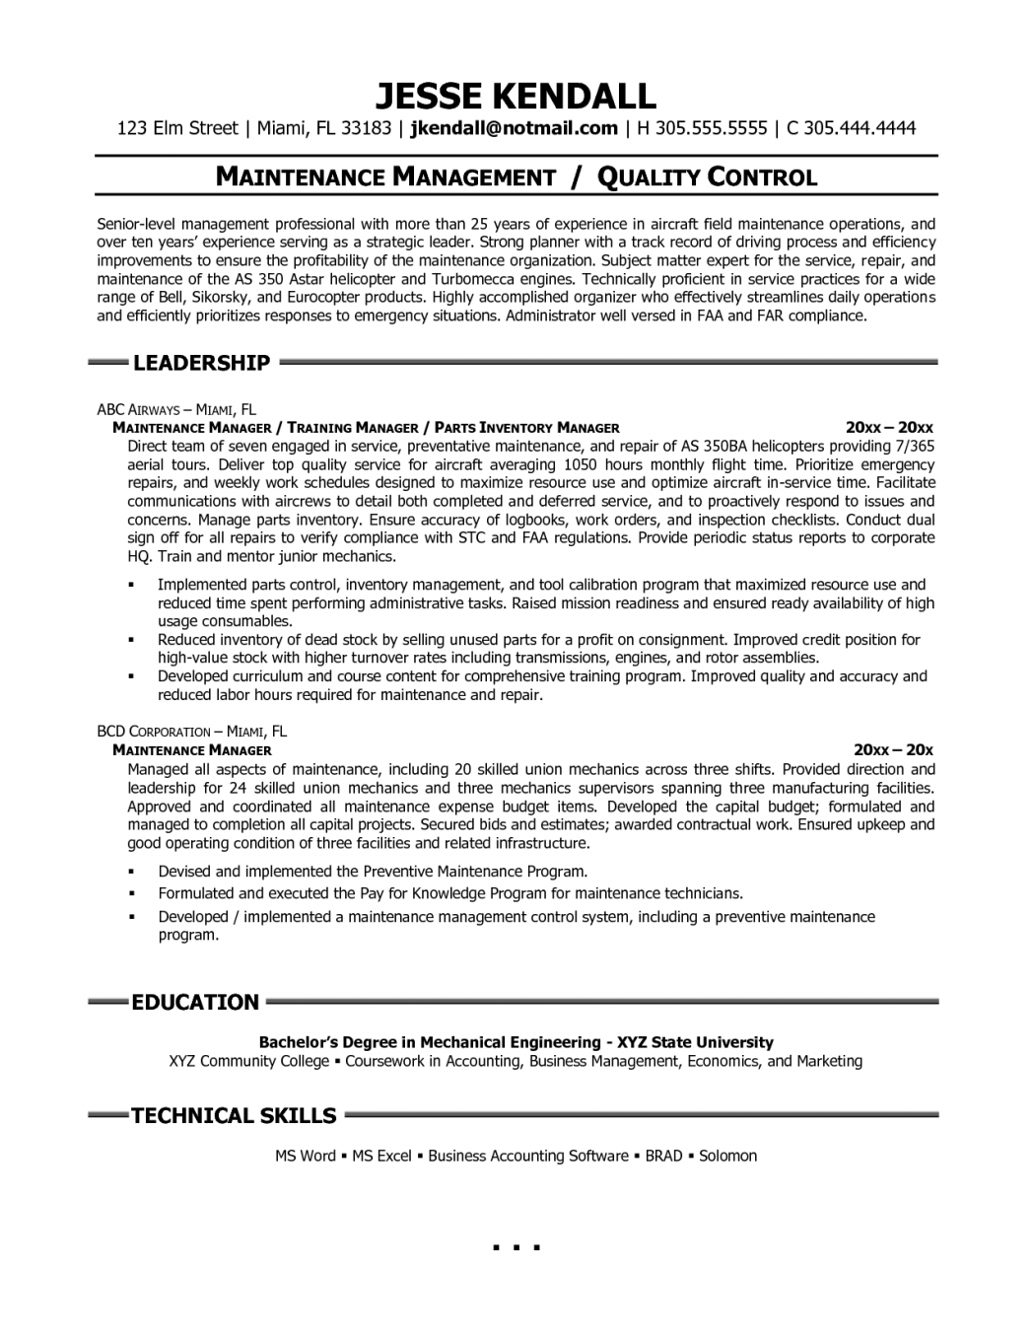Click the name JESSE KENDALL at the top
[x=516, y=96]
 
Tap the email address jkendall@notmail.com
[x=514, y=127]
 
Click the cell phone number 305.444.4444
[x=860, y=127]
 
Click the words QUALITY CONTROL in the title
[x=708, y=177]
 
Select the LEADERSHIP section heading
[x=201, y=363]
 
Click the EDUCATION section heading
[x=195, y=1003]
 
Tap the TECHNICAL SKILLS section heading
[x=234, y=1116]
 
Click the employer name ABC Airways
[x=138, y=410]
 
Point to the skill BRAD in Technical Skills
[x=663, y=1156]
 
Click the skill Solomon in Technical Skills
[x=727, y=1156]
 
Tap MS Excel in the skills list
[x=381, y=1156]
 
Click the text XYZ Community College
[x=248, y=1061]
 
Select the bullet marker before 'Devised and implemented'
[x=130, y=873]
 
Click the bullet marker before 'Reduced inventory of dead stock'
[x=130, y=641]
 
